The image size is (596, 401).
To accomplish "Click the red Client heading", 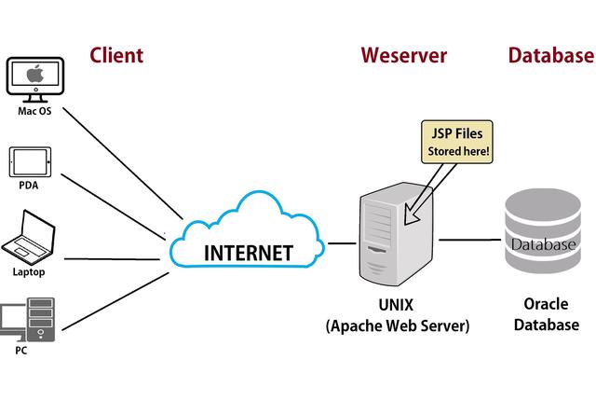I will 116,55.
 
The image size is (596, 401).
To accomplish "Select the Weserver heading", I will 403,55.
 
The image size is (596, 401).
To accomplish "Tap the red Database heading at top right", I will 550,55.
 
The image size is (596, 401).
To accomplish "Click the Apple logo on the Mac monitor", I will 34,76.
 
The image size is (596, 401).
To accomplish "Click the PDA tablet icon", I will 29,161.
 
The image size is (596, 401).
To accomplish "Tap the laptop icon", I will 29,238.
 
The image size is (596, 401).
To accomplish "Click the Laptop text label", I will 28,272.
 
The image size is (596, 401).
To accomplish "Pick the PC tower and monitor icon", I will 28,319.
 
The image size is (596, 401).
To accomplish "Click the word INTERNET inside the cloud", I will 248,253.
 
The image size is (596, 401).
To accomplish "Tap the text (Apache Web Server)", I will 398,325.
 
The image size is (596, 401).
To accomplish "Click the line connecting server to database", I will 470,240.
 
